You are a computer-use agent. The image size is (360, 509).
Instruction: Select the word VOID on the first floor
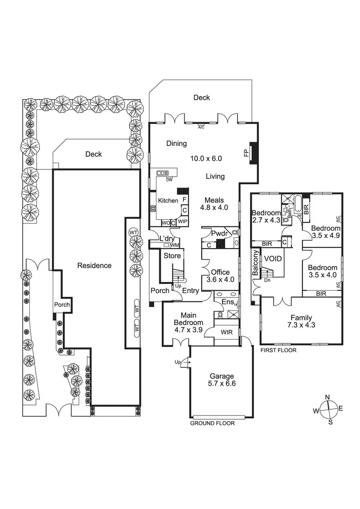273,259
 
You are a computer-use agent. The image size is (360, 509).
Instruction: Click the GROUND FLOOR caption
213,424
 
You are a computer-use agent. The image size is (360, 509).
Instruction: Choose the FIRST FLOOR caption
278,350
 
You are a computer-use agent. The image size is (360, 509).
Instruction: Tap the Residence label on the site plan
95,265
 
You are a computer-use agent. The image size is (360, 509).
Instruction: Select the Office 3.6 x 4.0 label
221,276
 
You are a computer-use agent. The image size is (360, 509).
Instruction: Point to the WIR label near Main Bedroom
227,332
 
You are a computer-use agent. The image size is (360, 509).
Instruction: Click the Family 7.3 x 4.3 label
301,321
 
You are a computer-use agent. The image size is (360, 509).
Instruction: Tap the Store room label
172,256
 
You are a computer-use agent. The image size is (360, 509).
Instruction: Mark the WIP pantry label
182,222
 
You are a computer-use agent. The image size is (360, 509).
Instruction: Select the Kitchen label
168,201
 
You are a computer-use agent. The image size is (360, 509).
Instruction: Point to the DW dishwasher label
169,180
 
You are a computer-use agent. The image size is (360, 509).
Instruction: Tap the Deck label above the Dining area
202,97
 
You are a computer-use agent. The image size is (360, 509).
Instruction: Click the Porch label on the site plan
62,305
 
